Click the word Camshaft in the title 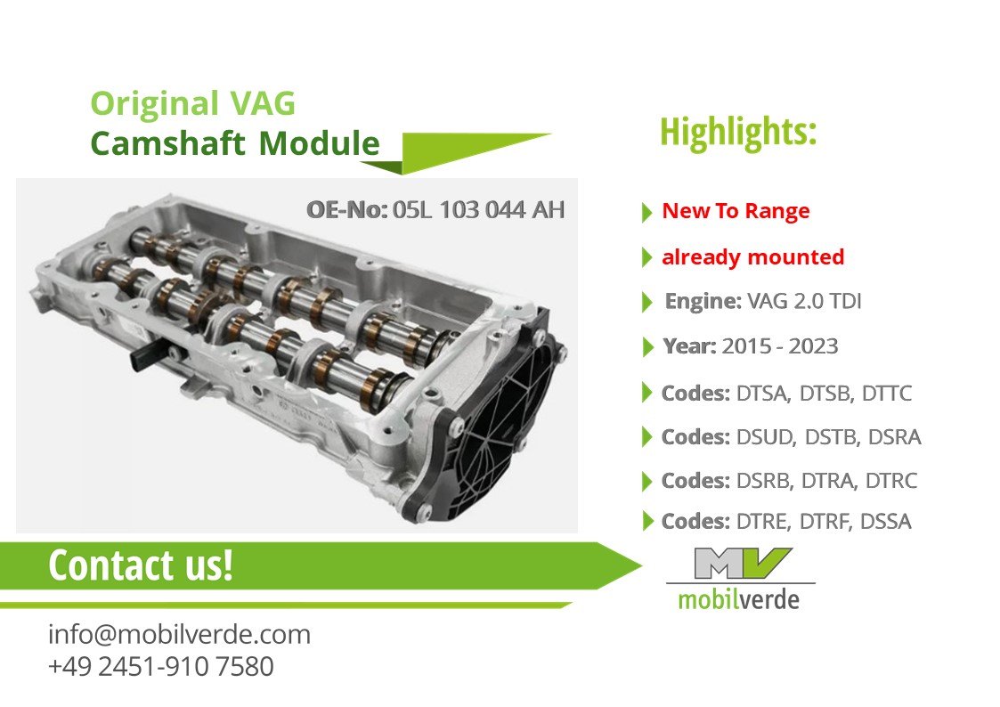167,142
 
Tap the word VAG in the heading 262,103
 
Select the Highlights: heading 738,133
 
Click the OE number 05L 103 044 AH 478,210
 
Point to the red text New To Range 736,211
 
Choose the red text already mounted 753,257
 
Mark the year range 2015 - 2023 780,346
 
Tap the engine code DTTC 887,394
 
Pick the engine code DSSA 886,522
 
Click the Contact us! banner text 141,565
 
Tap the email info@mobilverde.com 179,635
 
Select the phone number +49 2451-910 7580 160,667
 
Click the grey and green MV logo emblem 742,563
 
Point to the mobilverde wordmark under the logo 738,600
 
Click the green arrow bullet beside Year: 648,347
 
